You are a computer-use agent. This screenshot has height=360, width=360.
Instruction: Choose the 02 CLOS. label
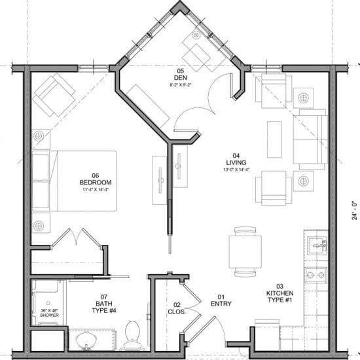pos(177,308)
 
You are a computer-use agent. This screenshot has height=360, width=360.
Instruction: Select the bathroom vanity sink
pos(85,341)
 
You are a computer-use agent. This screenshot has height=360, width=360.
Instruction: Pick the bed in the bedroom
pos(75,181)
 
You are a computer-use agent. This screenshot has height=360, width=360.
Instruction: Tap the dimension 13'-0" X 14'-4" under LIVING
pos(237,170)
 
